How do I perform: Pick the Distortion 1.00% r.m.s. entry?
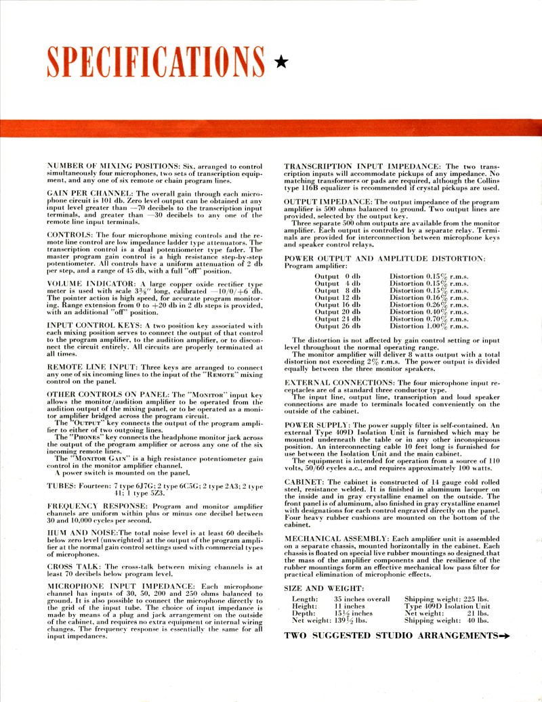click(x=429, y=326)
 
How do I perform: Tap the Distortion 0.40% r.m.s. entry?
click(x=429, y=311)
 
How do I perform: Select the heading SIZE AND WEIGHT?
click(x=323, y=588)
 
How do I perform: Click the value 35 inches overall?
click(x=362, y=599)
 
